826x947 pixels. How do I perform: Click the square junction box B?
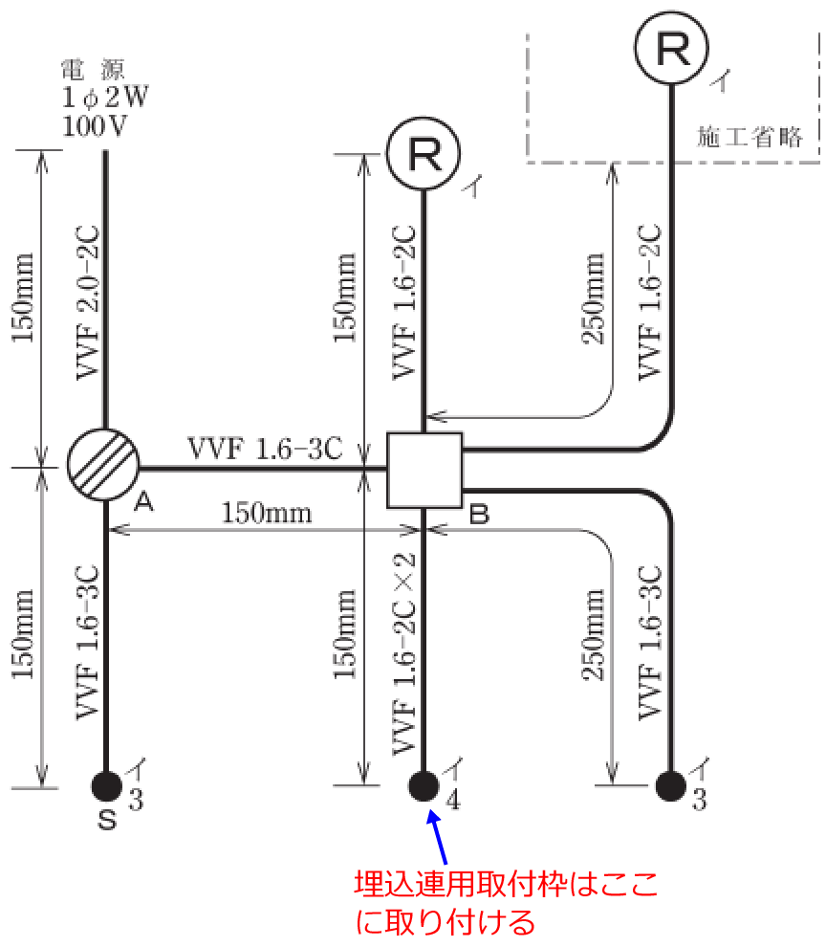(424, 470)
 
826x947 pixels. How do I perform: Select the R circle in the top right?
(673, 50)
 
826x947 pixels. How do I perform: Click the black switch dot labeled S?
(106, 785)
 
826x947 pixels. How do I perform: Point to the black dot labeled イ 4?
(423, 785)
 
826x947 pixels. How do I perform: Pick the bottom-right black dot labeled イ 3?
(671, 785)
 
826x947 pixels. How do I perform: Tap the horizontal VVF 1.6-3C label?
(264, 448)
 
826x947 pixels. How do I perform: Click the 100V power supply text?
(95, 126)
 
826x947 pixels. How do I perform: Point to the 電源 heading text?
(93, 70)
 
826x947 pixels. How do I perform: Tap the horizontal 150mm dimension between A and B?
(267, 512)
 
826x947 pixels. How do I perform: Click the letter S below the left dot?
(107, 820)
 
